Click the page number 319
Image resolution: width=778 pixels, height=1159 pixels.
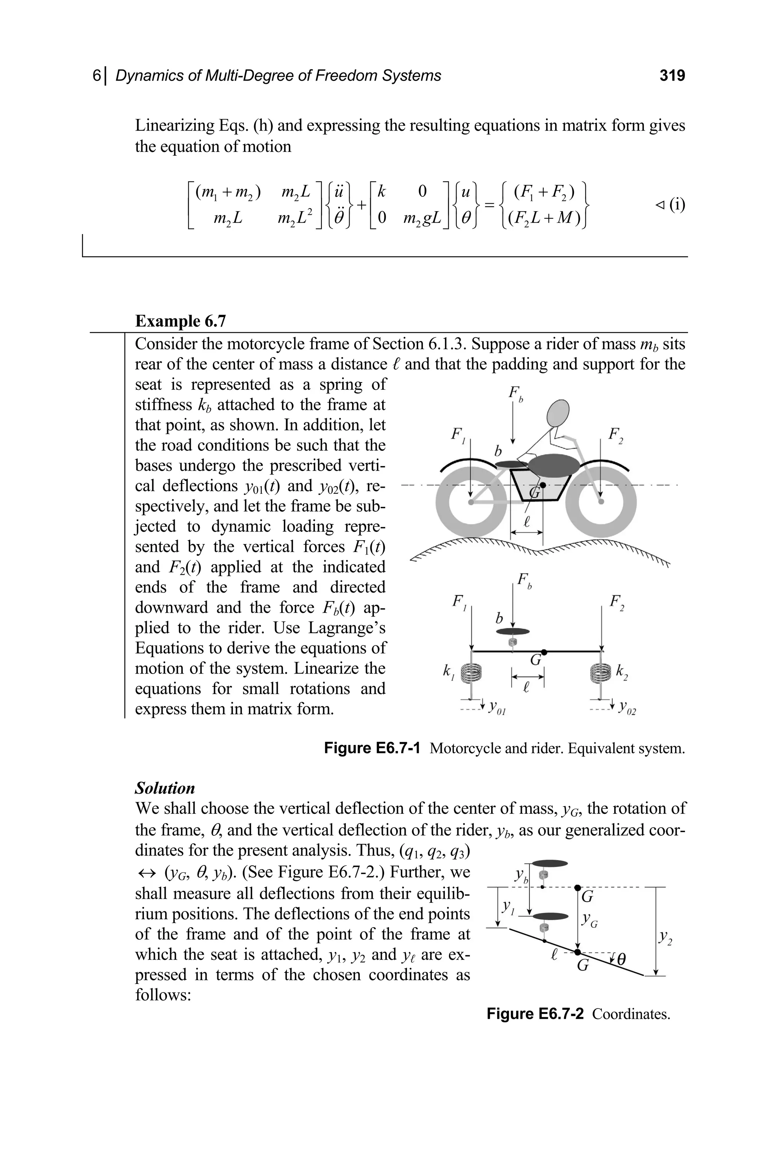(672, 76)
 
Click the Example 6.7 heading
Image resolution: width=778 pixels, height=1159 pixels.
(180, 321)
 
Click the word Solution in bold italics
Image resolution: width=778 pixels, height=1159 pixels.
(165, 788)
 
